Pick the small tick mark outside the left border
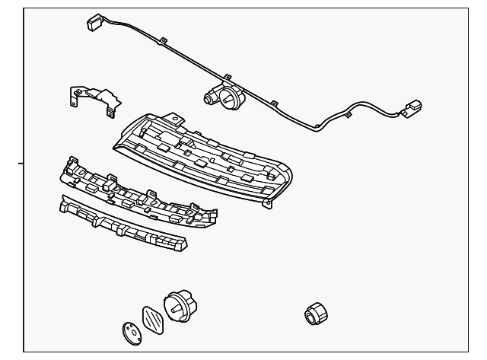tap(21, 162)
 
